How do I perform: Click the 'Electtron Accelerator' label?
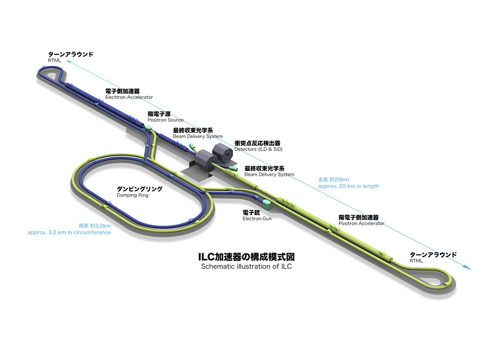tap(129, 97)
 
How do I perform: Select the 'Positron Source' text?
tap(165, 120)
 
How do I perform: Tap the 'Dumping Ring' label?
tap(132, 195)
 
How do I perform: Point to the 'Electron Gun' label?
tap(257, 218)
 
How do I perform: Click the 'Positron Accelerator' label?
tap(361, 224)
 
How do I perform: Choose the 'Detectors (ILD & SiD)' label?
tap(258, 149)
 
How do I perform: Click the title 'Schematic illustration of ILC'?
tap(246, 266)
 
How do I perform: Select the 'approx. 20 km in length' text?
tap(348, 186)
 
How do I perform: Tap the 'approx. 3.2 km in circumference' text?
tap(69, 232)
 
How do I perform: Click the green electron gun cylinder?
tap(266, 204)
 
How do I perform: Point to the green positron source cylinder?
tap(149, 128)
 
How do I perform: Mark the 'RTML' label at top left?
tap(54, 60)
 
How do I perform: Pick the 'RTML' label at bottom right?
tap(416, 261)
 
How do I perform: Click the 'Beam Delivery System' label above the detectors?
tap(198, 136)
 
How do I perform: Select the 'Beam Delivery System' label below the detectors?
tap(269, 174)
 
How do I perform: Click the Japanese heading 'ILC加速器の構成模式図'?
tap(246, 257)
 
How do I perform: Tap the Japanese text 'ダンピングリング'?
tap(140, 189)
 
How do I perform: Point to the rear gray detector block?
tap(222, 152)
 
